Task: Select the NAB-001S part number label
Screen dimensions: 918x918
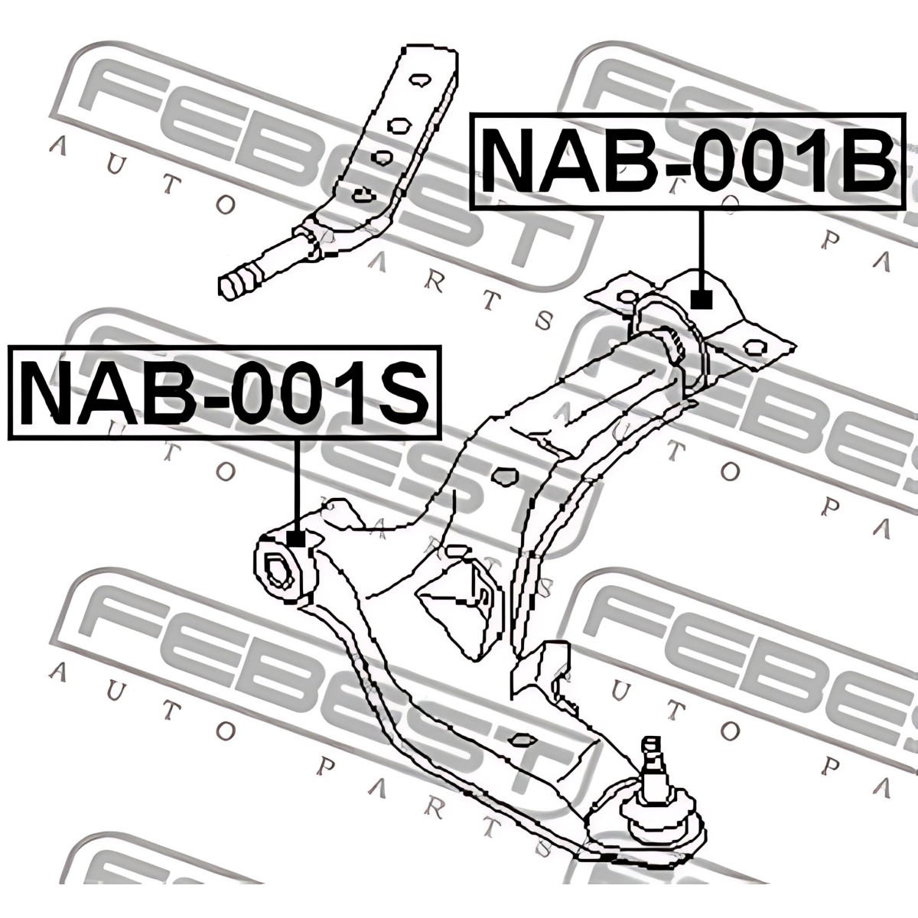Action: (x=225, y=392)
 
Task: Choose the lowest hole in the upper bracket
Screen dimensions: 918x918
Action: (x=363, y=196)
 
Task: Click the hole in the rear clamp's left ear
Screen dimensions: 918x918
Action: (x=627, y=298)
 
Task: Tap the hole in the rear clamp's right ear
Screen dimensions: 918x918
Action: (x=755, y=345)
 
